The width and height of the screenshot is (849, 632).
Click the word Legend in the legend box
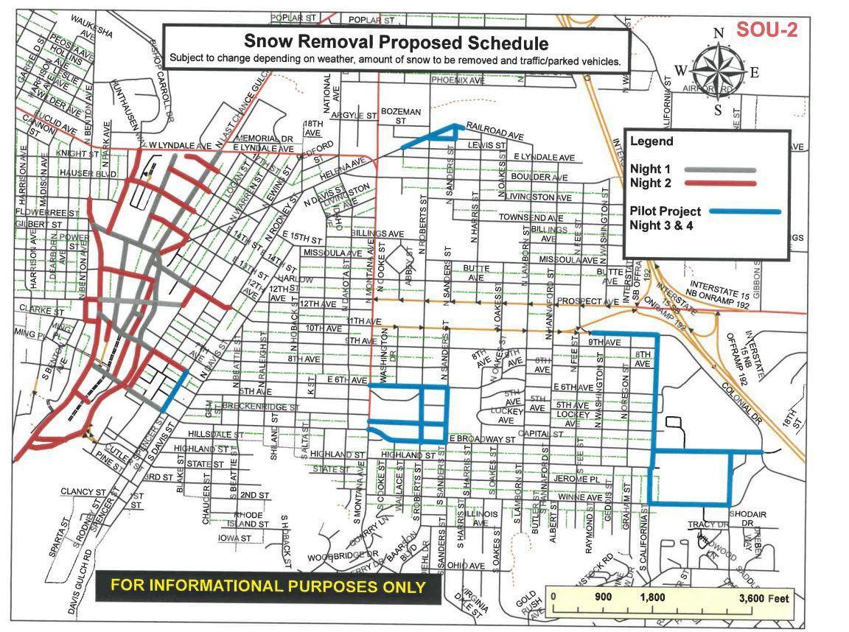click(651, 141)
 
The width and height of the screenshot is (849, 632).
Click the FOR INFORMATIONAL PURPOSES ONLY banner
click(268, 586)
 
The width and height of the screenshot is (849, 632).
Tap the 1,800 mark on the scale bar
click(652, 597)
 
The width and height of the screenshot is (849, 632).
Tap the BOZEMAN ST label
click(401, 115)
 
